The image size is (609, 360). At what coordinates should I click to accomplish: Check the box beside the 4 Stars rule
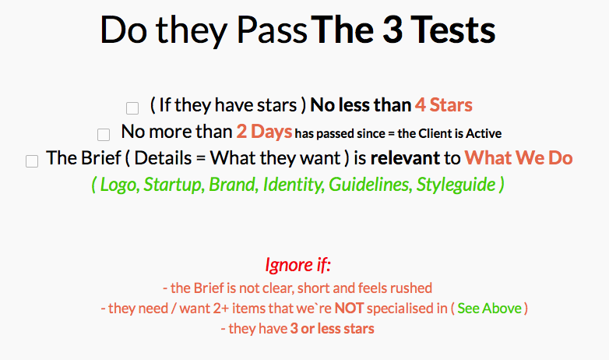132,108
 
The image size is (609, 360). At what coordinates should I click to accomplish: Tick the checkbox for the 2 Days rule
104,135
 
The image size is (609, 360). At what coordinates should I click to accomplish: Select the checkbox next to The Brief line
32,161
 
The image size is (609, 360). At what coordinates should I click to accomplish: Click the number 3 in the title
393,30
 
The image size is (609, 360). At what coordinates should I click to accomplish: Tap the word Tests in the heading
453,30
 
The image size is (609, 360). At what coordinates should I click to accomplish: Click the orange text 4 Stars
444,105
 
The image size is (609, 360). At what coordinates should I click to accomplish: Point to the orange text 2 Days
264,132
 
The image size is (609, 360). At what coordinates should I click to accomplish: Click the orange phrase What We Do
519,158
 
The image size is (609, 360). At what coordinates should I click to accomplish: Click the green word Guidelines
370,185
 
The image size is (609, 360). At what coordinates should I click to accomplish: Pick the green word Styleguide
456,185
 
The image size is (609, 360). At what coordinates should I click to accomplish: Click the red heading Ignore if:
298,265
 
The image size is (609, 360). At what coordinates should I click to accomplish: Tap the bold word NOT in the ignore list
349,309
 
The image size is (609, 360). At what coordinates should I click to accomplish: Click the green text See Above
489,309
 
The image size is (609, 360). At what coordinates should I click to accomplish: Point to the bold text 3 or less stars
332,329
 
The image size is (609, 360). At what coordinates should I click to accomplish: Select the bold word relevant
405,158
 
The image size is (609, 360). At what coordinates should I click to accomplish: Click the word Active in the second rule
484,134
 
